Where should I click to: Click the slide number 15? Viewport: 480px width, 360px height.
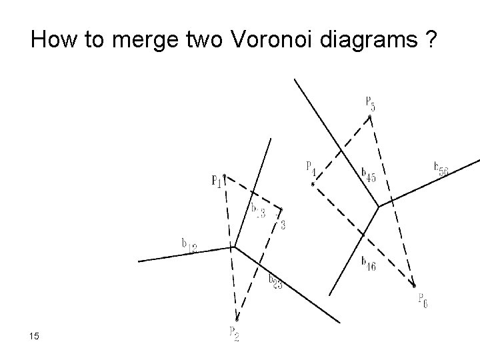tap(34, 336)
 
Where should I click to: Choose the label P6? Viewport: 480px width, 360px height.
tap(423, 300)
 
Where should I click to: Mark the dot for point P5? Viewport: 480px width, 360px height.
tap(371, 115)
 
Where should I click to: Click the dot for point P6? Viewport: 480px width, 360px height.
tap(414, 286)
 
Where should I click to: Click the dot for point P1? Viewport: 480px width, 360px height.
tap(225, 176)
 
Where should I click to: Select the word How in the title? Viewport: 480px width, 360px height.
tap(52, 41)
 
